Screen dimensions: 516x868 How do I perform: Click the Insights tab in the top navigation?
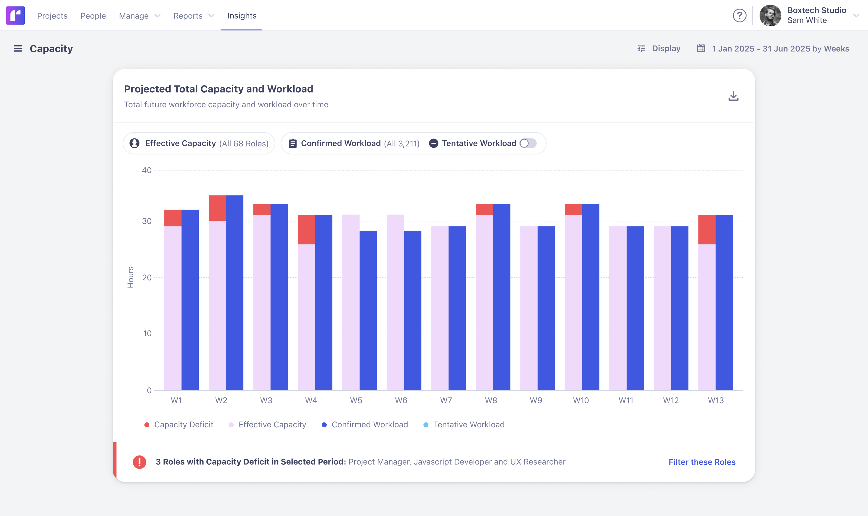coord(242,16)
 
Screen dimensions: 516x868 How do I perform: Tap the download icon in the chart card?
coord(733,96)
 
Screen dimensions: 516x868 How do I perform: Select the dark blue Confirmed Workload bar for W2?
coord(235,292)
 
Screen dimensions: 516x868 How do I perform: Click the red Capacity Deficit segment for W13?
coord(707,229)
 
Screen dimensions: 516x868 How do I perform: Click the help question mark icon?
coord(739,16)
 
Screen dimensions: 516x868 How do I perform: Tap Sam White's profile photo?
coord(770,16)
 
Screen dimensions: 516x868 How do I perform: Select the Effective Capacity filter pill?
coord(199,143)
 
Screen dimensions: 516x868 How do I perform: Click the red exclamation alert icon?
coord(139,462)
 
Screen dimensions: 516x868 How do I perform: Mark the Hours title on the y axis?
coord(130,277)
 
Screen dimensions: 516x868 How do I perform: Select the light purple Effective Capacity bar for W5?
coord(350,302)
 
